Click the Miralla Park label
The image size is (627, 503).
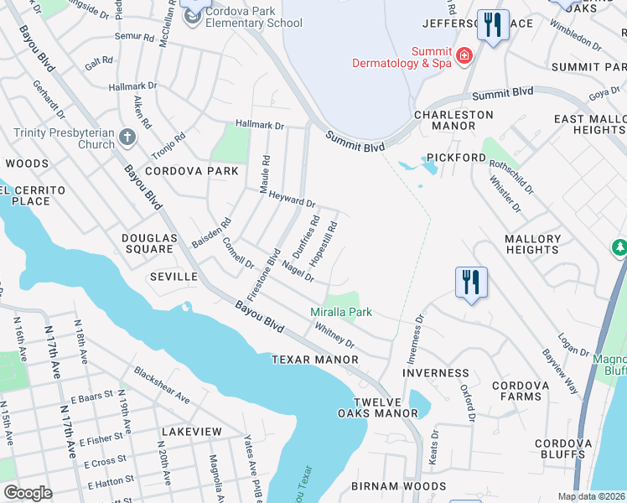click(341, 313)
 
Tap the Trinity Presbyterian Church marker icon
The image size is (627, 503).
click(127, 137)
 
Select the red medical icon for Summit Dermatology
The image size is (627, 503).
click(464, 56)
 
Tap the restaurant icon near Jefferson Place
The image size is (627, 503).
click(492, 24)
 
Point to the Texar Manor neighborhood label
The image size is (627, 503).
click(314, 360)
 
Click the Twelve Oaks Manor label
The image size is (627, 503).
click(377, 407)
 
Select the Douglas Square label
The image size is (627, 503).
click(149, 244)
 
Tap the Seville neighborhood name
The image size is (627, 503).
click(174, 277)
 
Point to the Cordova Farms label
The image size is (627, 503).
click(520, 392)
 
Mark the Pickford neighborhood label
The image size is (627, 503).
click(456, 158)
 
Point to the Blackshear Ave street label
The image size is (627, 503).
click(161, 383)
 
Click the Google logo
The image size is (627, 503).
click(28, 493)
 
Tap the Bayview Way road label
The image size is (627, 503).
click(560, 371)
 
